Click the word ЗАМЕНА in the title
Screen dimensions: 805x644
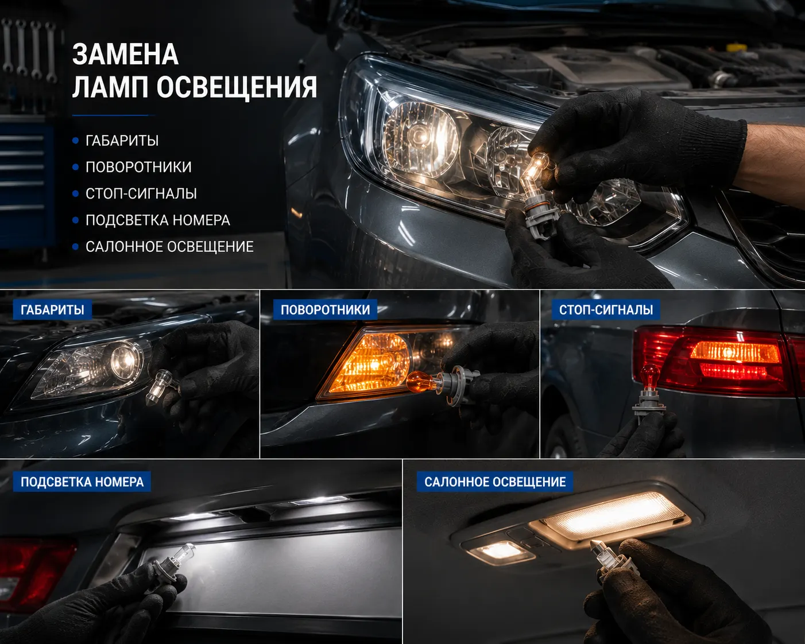point(125,55)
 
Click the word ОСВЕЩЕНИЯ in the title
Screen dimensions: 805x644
point(237,87)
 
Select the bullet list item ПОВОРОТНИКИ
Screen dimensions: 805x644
point(138,167)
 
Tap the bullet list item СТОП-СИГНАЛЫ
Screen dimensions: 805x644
point(141,194)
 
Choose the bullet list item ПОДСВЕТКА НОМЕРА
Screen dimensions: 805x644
point(157,220)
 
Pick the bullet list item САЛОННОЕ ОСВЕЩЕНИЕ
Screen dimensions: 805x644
point(169,247)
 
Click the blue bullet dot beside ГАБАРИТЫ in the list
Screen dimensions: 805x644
point(76,141)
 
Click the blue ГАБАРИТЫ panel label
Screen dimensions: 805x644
point(52,309)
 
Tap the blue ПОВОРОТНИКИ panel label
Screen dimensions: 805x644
point(325,309)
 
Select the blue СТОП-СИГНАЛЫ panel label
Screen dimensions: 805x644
point(606,309)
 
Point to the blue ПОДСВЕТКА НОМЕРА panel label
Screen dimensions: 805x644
point(82,482)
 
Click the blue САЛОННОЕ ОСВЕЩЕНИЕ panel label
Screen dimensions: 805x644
point(495,482)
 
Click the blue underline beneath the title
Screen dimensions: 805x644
point(113,115)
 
